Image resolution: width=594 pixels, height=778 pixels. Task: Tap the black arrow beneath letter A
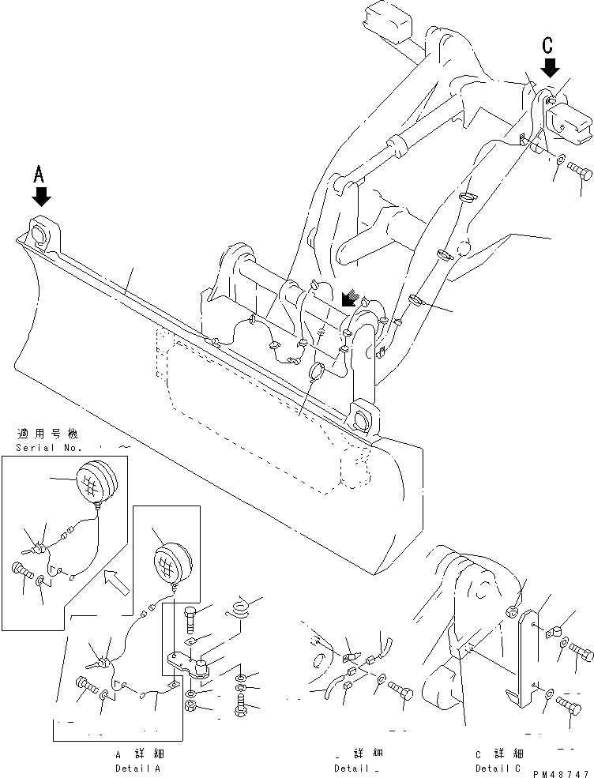click(41, 197)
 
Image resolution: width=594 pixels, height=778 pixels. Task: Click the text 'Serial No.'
click(47, 448)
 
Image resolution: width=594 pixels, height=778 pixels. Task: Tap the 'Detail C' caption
click(498, 768)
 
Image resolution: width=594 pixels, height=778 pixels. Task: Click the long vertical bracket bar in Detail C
click(524, 656)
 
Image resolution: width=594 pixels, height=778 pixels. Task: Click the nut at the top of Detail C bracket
click(513, 610)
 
